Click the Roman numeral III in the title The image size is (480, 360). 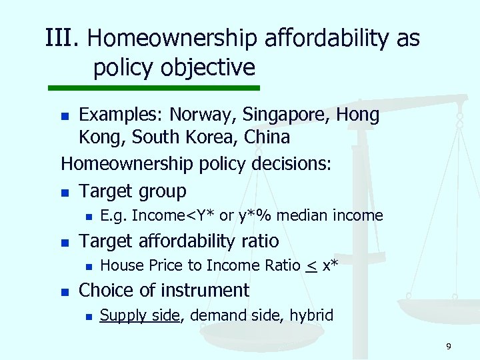tap(61, 38)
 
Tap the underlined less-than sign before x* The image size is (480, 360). tap(311, 266)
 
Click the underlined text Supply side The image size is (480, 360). tap(139, 315)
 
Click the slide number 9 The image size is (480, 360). tap(449, 346)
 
